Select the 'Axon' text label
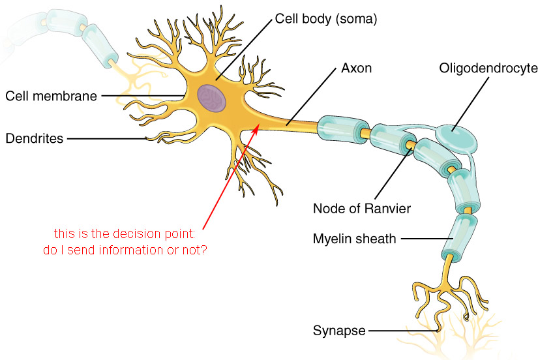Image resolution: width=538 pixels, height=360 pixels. coord(355,67)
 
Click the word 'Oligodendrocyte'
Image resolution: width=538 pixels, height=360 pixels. coord(488,68)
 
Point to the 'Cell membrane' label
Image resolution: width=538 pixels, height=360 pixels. coord(51,96)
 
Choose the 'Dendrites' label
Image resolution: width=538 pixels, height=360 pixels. coord(35,138)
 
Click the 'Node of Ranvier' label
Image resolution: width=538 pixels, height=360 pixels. coord(362,209)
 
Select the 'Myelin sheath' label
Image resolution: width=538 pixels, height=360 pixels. coord(354,239)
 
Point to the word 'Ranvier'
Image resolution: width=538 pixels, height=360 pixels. coord(388,209)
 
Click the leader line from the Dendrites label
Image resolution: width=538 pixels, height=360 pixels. coord(108,138)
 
